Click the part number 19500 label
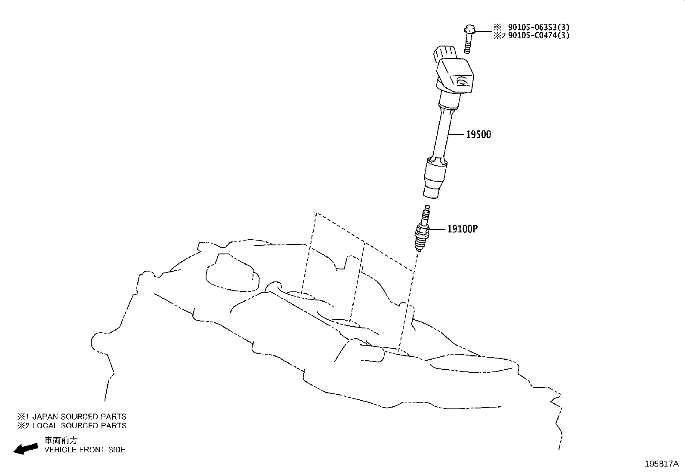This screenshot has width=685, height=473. click(x=478, y=135)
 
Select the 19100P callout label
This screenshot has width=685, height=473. click(x=463, y=229)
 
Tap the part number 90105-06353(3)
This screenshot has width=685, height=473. click(x=539, y=27)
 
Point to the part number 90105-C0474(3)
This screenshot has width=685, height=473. click(x=539, y=35)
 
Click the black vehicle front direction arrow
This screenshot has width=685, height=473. click(x=26, y=448)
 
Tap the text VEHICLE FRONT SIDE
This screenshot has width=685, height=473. click(x=85, y=450)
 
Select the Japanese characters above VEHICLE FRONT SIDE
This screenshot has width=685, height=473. click(x=61, y=441)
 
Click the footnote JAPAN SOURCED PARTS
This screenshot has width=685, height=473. click(x=79, y=417)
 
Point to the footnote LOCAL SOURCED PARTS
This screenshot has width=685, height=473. click(x=79, y=426)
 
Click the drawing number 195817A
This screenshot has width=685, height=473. click(x=662, y=464)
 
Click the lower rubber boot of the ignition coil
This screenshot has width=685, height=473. click(x=435, y=177)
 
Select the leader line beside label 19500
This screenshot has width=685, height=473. click(x=457, y=135)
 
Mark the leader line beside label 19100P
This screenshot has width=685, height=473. click(x=438, y=229)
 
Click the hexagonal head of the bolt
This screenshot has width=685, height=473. click(x=470, y=29)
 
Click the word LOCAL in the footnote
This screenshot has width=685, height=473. click(x=45, y=426)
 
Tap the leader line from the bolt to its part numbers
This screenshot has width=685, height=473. click(x=484, y=31)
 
